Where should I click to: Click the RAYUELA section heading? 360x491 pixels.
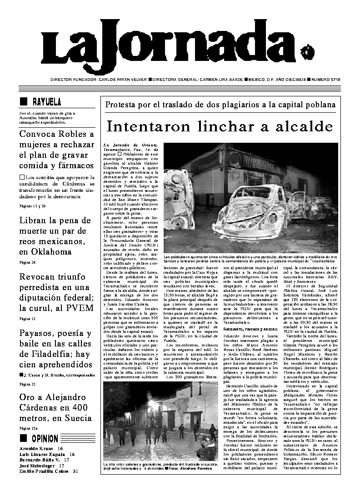[x=47, y=101]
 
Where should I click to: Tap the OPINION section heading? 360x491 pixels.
[x=45, y=439]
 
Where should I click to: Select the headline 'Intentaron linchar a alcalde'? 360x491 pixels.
[x=220, y=125]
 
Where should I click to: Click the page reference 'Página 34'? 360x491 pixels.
[x=27, y=263]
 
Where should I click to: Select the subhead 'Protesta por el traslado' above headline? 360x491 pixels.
[x=220, y=105]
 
